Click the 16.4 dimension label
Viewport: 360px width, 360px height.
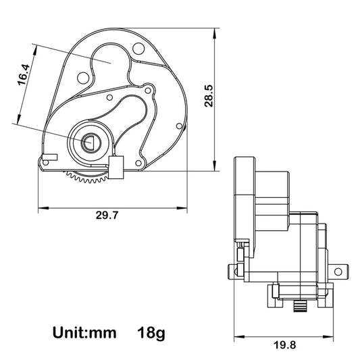tap(24, 75)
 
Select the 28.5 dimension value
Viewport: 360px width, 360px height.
tap(209, 96)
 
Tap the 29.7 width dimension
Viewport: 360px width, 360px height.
tap(107, 215)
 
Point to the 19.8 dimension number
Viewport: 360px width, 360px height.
tap(285, 345)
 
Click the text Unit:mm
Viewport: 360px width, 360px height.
tap(84, 333)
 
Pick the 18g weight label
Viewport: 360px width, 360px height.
tap(151, 334)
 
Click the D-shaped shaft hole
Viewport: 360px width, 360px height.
tap(88, 143)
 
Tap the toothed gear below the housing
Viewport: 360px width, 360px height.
tap(87, 177)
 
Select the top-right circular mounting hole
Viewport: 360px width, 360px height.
tap(138, 49)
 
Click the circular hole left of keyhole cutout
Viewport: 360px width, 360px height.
tap(83, 78)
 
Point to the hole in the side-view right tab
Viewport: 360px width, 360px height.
tap(338, 272)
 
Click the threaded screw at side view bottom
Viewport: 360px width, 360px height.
tap(301, 307)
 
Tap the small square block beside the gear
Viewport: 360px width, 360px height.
tap(116, 168)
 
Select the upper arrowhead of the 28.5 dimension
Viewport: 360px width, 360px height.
tap(215, 33)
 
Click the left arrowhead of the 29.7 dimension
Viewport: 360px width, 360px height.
tap(43, 208)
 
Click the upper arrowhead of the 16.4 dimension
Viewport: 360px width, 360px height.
tap(35, 50)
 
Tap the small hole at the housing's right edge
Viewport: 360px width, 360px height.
tap(179, 126)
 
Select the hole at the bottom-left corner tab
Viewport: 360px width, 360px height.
tap(46, 163)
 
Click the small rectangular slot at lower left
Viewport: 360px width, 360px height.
tap(50, 157)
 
